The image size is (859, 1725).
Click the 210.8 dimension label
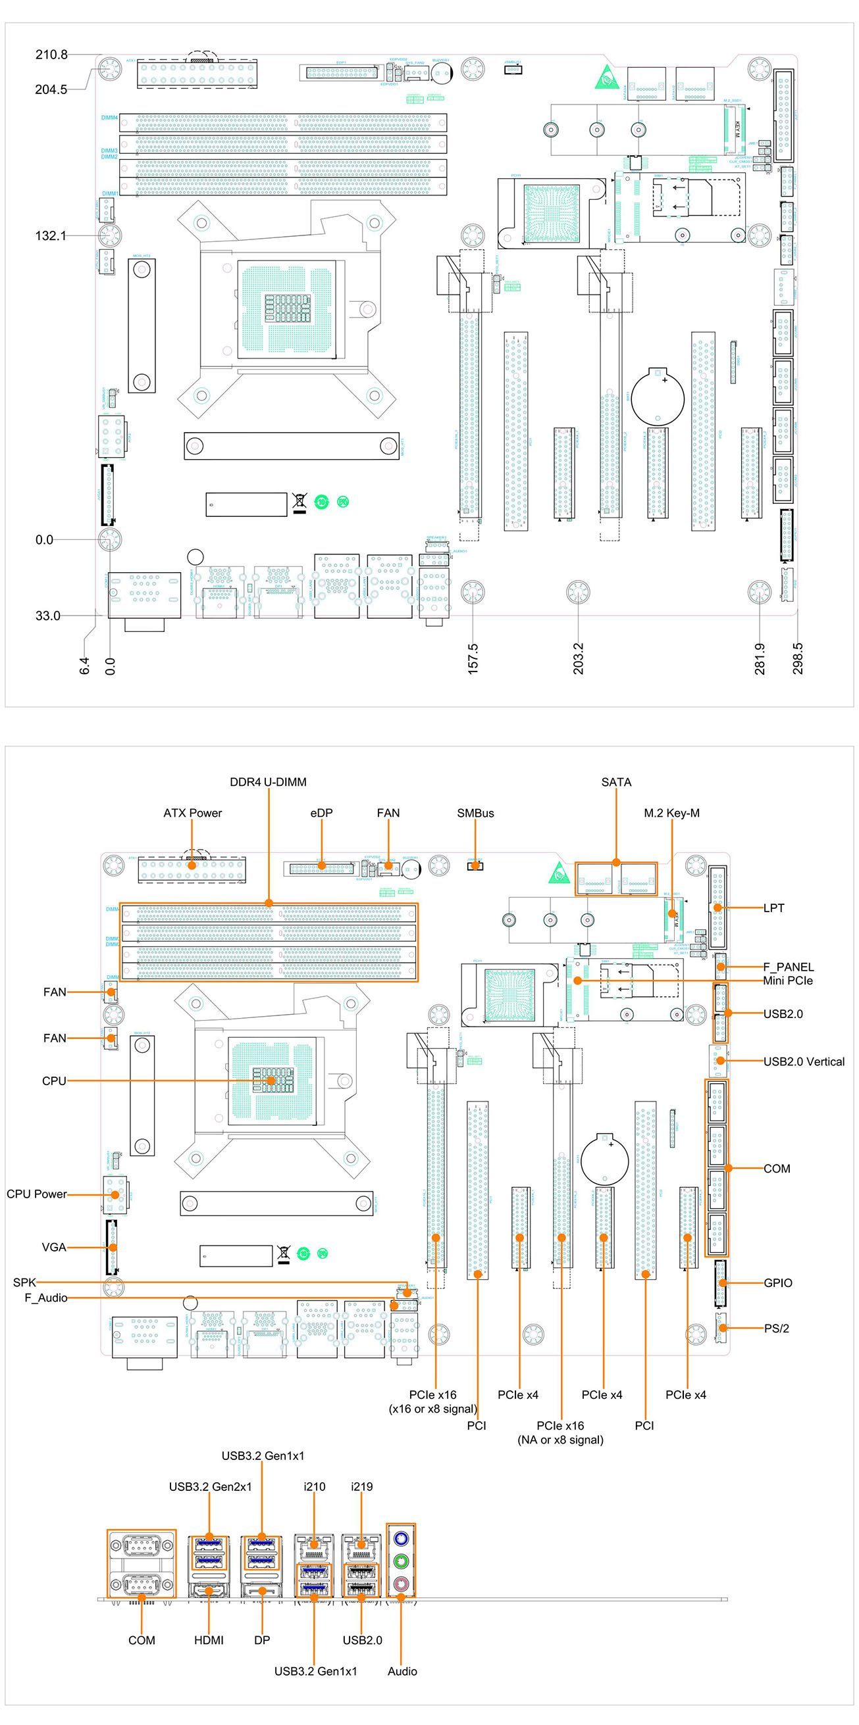coord(51,55)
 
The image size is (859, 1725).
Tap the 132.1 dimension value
coord(50,235)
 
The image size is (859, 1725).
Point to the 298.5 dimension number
coord(797,658)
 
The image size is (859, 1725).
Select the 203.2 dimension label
coord(578,658)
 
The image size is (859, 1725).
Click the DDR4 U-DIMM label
coord(268,782)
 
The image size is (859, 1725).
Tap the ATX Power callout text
coord(192,813)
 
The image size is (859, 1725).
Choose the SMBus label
coord(475,813)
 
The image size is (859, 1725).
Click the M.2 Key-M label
coord(671,813)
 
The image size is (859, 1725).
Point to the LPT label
coord(773,908)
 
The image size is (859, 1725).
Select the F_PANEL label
coord(788,967)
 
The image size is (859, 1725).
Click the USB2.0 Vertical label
coord(804,1061)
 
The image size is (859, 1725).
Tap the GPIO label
coord(777,1283)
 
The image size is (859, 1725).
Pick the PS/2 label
coord(776,1328)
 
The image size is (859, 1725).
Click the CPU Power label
coord(37,1194)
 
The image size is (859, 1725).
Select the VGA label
coord(53,1248)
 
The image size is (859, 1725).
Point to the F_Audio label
coord(45,1298)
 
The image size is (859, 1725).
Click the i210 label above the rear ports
coord(314,1487)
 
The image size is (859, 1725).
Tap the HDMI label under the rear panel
coord(209,1640)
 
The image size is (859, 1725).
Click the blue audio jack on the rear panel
coord(401,1538)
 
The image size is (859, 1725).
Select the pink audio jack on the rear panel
coord(401,1584)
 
